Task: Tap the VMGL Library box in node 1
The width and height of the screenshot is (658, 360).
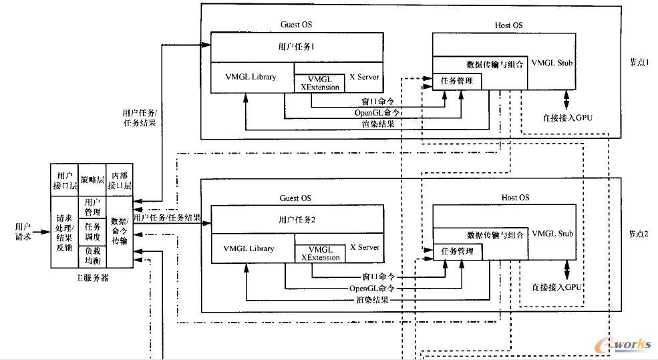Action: (251, 77)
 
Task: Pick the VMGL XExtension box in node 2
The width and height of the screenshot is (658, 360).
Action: (320, 252)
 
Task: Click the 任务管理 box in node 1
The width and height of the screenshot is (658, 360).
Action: (457, 81)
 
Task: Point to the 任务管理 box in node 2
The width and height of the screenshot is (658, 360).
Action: (457, 252)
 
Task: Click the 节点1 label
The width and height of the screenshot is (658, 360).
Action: (637, 61)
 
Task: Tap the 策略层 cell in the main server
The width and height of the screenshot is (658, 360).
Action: (92, 179)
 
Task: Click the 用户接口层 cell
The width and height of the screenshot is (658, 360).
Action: (65, 180)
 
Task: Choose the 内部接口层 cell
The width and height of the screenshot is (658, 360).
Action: (120, 180)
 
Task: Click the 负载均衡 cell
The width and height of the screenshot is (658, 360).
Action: (92, 255)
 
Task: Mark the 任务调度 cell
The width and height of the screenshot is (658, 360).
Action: (92, 231)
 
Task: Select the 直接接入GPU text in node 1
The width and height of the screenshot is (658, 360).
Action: (567, 118)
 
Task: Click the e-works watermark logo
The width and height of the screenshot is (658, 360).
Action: (625, 343)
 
